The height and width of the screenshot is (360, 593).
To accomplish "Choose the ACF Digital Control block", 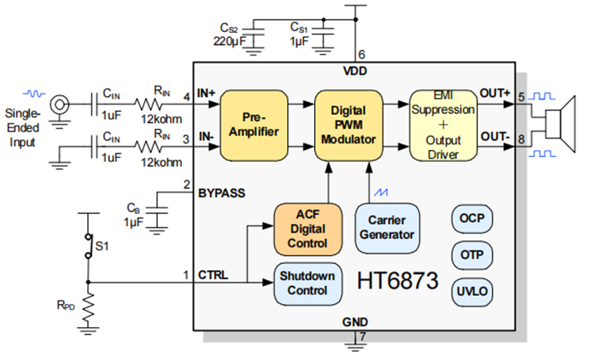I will [301, 229].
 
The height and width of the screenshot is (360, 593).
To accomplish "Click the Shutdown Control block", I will [308, 281].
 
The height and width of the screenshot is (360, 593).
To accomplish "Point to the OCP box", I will [472, 218].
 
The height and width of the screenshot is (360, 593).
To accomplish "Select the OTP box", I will [472, 254].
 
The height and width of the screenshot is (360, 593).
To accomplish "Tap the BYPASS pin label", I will [223, 193].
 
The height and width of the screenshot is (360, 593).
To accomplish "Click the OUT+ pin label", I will [495, 94].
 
